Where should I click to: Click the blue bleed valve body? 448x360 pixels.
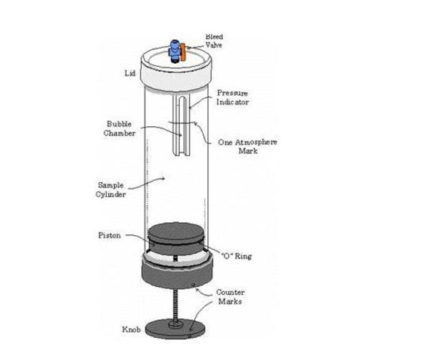point(174,51)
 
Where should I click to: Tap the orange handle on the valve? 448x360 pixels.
point(184,52)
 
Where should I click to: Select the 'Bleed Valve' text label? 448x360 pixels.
point(214,41)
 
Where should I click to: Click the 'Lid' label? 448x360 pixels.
point(130,73)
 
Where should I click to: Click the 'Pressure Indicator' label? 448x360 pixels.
point(232,98)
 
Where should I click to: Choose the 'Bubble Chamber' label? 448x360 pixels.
point(120,128)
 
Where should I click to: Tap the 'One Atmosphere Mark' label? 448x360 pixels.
point(247,146)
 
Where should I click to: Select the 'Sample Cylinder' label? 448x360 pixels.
point(110,189)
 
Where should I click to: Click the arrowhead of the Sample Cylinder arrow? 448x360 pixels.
point(163,179)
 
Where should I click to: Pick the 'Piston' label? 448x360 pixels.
point(110,235)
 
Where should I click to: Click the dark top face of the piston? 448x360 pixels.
point(176,232)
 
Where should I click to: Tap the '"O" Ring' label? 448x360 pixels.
point(237,256)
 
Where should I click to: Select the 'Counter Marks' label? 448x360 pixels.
point(230,297)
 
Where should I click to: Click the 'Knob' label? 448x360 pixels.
point(131,329)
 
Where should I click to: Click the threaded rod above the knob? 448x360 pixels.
point(176,305)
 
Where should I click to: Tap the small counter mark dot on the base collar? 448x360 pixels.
point(194,285)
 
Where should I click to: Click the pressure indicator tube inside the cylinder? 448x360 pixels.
point(181,125)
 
